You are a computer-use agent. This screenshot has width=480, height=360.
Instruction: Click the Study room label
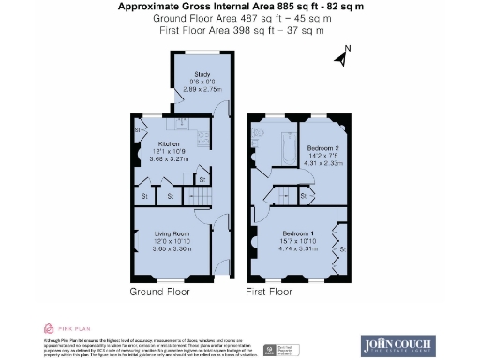[202, 73]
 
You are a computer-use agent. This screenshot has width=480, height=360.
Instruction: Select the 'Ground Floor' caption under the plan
[158, 292]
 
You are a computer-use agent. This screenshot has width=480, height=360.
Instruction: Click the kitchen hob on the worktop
[178, 124]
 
